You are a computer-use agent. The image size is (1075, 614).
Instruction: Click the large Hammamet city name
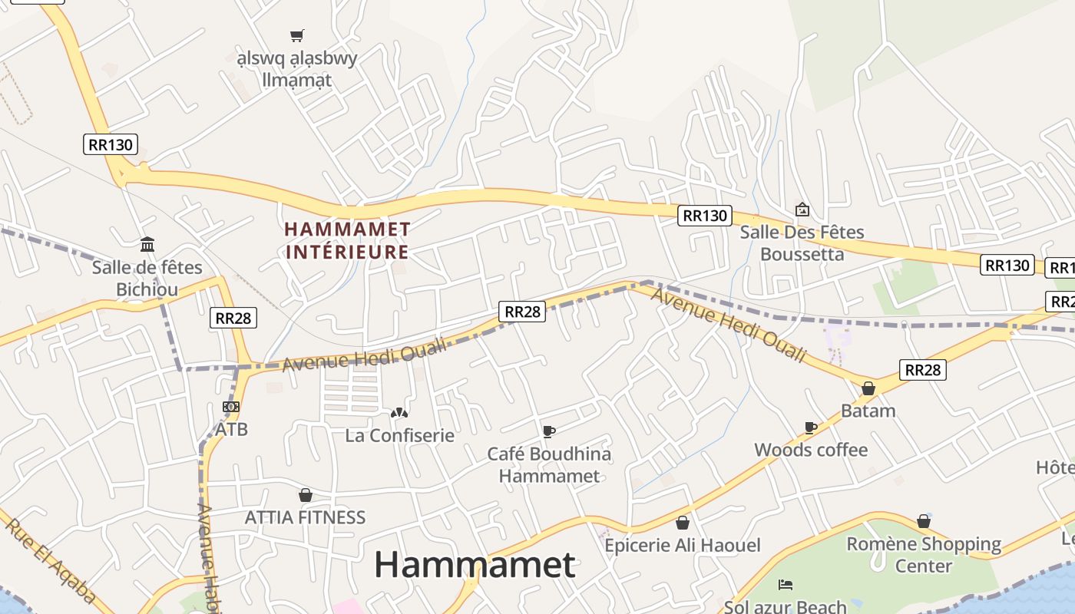point(475,566)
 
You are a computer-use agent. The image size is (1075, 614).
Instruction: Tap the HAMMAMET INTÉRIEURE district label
point(347,240)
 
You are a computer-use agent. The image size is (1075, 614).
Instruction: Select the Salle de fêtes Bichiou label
point(147,278)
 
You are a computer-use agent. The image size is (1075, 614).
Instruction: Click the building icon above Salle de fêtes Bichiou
point(147,245)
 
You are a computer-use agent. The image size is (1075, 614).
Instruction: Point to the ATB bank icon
point(231,407)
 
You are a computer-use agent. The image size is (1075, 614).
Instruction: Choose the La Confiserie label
point(399,435)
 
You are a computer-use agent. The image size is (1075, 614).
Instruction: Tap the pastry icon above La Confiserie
point(399,413)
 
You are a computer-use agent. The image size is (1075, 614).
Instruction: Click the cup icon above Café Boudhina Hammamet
point(548,431)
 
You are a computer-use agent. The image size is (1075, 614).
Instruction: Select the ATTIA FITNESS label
point(305,517)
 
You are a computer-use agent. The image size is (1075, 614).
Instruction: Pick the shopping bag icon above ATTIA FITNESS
point(306,495)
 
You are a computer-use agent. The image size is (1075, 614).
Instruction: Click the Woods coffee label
point(811,450)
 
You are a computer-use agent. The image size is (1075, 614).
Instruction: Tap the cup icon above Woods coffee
point(810,427)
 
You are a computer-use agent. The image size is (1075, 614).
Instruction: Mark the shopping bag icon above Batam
point(868,388)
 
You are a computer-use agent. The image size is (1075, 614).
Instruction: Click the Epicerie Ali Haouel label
point(682,546)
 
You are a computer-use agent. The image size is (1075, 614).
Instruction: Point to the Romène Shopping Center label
point(924,554)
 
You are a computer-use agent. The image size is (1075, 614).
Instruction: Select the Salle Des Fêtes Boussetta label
point(802,243)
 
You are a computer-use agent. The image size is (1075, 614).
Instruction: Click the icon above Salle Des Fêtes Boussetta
point(802,209)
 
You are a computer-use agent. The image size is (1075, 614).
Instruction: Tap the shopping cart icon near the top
point(296,35)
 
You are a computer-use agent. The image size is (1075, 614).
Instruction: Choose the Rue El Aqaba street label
point(51,561)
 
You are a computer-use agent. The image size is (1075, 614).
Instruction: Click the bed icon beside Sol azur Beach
point(785,585)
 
